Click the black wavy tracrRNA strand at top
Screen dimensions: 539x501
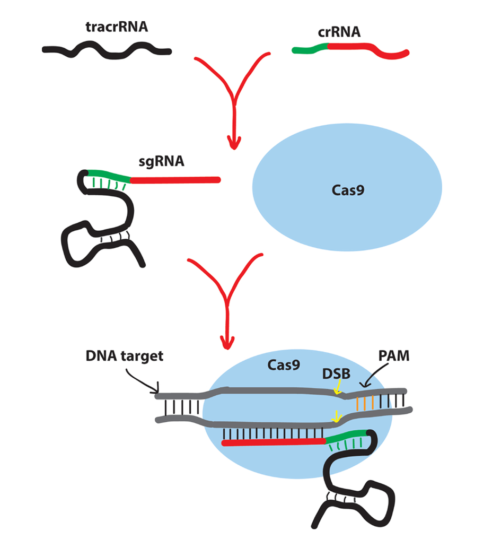pos(106,51)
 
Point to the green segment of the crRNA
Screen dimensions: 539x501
pos(310,49)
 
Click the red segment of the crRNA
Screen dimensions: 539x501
pos(366,49)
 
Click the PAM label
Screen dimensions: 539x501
pos(394,356)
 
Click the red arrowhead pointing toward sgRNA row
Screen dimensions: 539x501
pos(233,142)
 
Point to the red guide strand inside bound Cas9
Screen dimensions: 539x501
pos(273,442)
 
